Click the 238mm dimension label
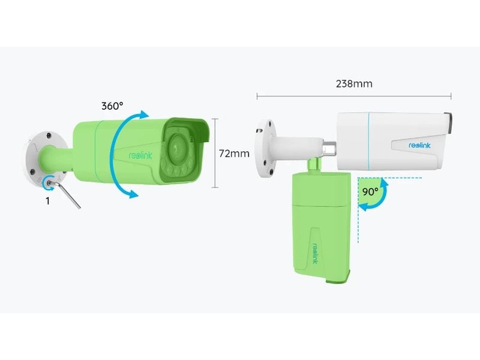pos(354,84)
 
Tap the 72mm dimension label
pos(234,154)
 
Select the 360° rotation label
pos(112,106)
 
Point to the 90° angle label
pos(370,192)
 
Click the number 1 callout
pos(48,202)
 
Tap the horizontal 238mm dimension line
pos(354,95)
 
